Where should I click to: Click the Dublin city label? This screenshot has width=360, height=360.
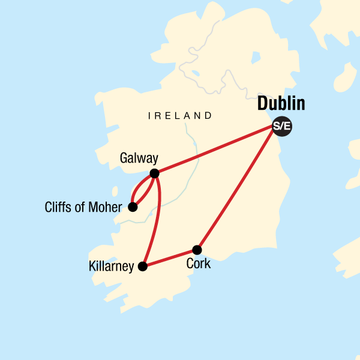281,104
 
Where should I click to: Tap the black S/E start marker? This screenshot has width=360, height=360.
281,126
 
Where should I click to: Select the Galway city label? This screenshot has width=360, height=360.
139,158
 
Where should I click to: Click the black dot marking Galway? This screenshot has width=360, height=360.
154,173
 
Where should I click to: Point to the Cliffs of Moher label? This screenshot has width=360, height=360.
83,208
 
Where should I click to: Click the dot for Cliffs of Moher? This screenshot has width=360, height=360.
133,207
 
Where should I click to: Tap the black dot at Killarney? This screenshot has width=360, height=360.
142,266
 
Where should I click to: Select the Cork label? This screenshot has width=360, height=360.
199,263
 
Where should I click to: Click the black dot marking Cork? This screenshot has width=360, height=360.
196,250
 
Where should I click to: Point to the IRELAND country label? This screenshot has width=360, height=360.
180,116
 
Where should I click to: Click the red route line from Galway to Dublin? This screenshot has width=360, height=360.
216,150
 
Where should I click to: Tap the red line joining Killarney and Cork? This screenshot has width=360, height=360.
169,258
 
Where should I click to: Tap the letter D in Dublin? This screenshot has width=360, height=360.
262,104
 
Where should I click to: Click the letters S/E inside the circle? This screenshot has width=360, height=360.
281,126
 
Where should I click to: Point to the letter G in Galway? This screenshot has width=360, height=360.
124,158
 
